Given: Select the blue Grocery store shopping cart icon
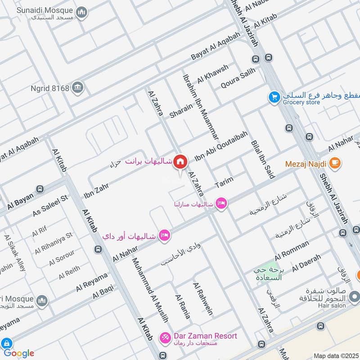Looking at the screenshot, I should (x=274, y=97).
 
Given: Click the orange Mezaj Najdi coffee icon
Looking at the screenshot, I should (x=334, y=162).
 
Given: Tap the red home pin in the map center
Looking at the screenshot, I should (x=180, y=162).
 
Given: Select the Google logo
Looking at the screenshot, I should (x=18, y=353).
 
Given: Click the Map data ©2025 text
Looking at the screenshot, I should (x=335, y=355).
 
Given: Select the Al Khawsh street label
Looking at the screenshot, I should (x=213, y=73).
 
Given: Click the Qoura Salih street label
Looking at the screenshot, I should (x=238, y=78).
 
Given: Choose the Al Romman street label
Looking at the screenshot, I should (x=292, y=250).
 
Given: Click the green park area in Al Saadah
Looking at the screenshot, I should (x=270, y=268).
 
